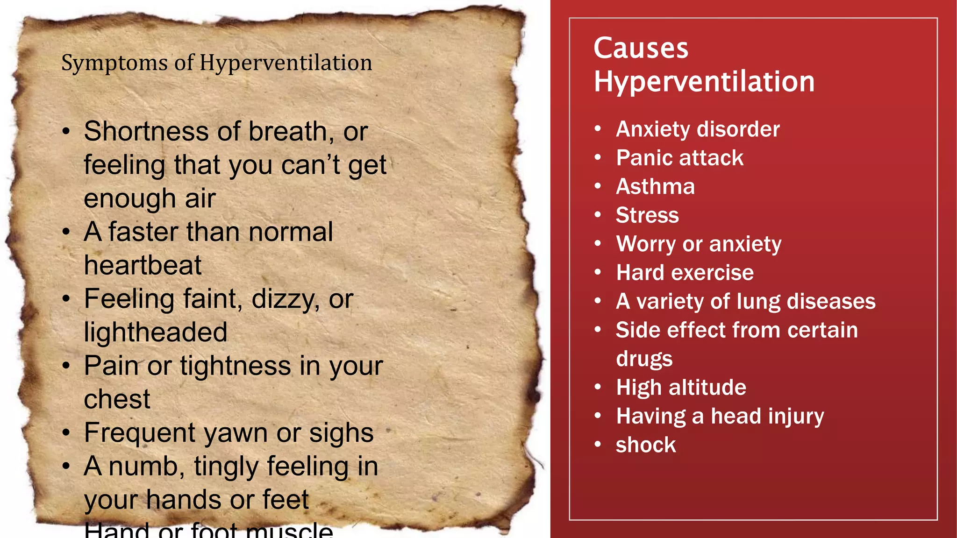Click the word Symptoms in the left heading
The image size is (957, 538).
(114, 64)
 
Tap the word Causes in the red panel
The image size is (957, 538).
(641, 48)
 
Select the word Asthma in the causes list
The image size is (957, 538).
(655, 186)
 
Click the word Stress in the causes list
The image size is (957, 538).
(647, 215)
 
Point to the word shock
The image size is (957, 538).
(646, 445)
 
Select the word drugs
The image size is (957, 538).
(644, 359)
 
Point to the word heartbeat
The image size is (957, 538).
(143, 265)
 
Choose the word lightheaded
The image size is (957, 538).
(156, 332)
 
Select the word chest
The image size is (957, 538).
(117, 399)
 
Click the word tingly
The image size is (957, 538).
(226, 467)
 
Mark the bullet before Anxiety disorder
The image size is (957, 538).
(598, 129)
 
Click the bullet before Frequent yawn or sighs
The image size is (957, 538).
(66, 433)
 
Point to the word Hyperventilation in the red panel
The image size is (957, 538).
(704, 82)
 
